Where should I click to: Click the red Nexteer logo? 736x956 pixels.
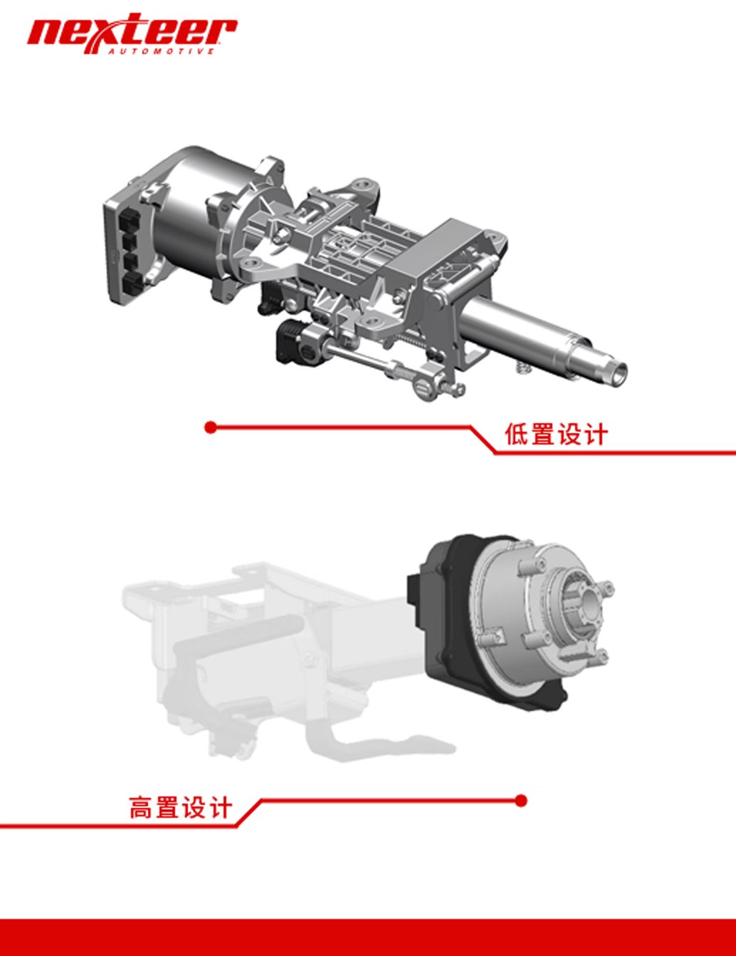click(x=132, y=33)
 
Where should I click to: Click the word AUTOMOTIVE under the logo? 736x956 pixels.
click(x=162, y=51)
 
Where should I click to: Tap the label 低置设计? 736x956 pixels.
click(x=557, y=435)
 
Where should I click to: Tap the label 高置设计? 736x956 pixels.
click(x=180, y=808)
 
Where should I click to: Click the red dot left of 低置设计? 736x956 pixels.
click(x=211, y=427)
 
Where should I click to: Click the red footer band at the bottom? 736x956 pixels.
click(x=368, y=937)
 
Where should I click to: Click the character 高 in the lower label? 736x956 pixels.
click(x=142, y=808)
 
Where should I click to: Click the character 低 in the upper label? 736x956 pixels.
click(x=517, y=435)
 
